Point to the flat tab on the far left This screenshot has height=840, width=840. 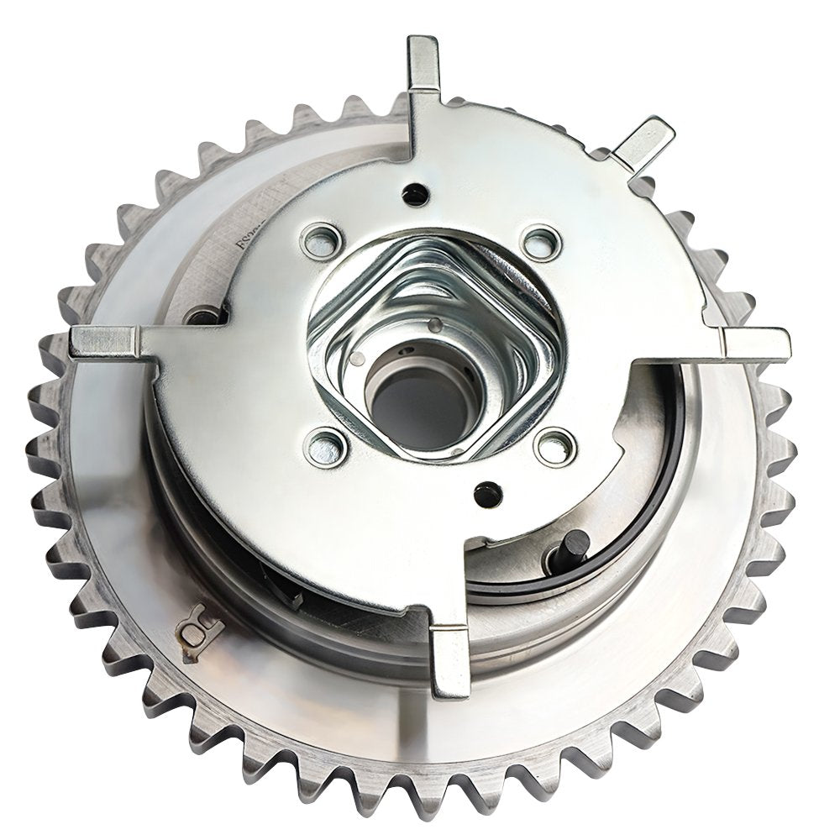click(104, 341)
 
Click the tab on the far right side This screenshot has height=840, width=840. click(755, 340)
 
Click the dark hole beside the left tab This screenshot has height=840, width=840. click(203, 318)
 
